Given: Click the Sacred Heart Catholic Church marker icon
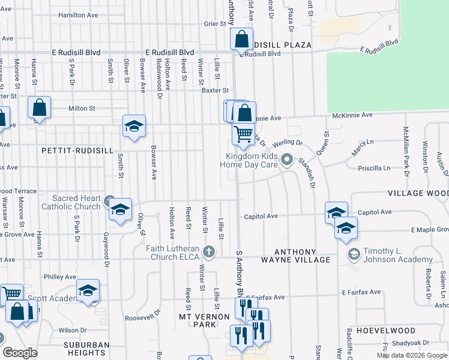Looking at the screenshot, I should [x=109, y=200].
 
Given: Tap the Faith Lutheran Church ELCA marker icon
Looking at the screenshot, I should [x=209, y=250].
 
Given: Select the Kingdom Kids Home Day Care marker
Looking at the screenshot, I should [x=287, y=160].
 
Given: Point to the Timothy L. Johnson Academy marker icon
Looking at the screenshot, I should [x=353, y=254].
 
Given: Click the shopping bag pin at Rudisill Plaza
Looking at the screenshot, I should [x=241, y=40].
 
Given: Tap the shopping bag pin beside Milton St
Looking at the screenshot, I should [x=39, y=108].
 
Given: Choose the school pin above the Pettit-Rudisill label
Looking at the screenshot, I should [x=134, y=126].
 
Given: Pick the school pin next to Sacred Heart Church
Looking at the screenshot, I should [x=121, y=210].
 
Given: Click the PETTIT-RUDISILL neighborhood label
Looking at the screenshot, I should [x=77, y=151].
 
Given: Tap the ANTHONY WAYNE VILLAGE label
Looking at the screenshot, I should [x=295, y=256].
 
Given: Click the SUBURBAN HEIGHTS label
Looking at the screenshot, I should [x=88, y=349].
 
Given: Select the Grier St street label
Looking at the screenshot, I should [x=214, y=24].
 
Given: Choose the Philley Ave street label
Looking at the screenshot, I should [x=60, y=277].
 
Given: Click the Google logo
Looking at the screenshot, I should [x=20, y=353].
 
